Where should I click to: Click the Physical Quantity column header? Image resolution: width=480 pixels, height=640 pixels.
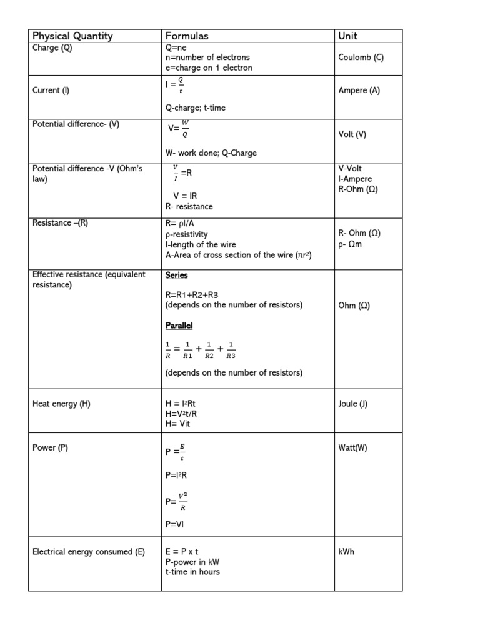(72, 36)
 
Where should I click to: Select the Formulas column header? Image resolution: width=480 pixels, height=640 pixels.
(187, 36)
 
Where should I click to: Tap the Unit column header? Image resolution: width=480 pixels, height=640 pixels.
(347, 36)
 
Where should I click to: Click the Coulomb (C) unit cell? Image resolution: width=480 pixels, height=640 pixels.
(361, 57)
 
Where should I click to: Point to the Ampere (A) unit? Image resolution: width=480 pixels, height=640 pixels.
(359, 91)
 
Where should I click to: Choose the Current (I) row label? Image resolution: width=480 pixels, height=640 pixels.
(51, 91)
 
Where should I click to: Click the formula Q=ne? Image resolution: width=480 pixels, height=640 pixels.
(176, 47)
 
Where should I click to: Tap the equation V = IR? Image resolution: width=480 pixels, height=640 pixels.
(185, 196)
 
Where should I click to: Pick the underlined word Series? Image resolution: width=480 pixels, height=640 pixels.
(176, 276)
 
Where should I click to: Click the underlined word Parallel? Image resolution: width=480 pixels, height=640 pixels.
(179, 326)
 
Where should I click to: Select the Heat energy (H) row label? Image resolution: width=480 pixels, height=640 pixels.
(61, 404)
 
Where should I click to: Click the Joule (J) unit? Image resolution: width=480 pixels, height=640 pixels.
(353, 404)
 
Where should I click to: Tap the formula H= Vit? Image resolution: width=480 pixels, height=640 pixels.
(177, 424)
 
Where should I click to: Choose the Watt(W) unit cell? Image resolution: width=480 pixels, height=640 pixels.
(353, 448)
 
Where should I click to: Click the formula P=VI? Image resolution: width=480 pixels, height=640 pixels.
(175, 525)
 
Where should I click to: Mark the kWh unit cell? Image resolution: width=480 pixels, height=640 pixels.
(346, 552)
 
